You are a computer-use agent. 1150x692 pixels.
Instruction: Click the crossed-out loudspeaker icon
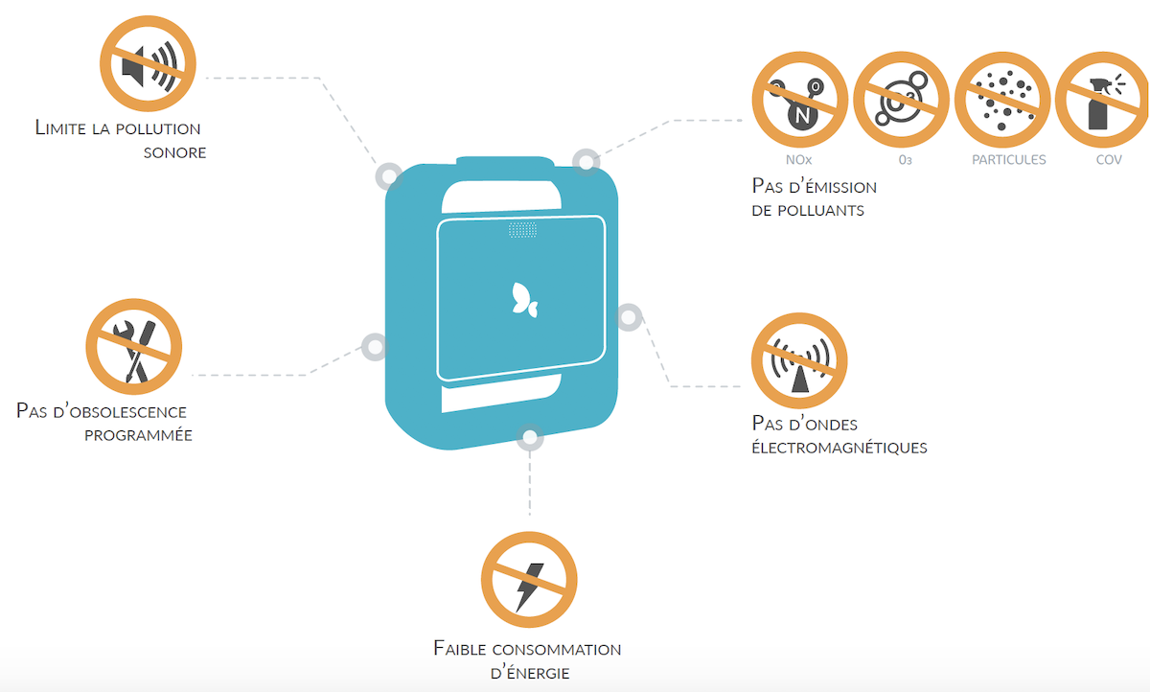pyautogui.click(x=148, y=63)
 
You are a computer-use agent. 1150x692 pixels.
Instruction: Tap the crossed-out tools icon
pyautogui.click(x=134, y=347)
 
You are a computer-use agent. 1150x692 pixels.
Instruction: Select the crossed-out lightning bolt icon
pyautogui.click(x=529, y=580)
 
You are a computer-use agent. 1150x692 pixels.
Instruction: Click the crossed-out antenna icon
pyautogui.click(x=799, y=361)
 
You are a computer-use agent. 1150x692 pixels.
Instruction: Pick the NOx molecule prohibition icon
pyautogui.click(x=800, y=100)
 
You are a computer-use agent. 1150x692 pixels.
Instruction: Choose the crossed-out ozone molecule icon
pyautogui.click(x=901, y=100)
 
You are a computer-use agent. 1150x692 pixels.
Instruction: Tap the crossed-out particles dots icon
pyautogui.click(x=1002, y=100)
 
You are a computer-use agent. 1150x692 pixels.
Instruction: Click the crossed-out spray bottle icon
pyautogui.click(x=1103, y=100)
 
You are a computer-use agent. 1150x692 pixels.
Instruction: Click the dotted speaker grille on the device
pyautogui.click(x=522, y=230)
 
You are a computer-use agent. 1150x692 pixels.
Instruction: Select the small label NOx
pyautogui.click(x=799, y=160)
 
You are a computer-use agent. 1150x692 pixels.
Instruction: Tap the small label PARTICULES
pyautogui.click(x=1009, y=160)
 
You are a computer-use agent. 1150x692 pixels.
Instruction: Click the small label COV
pyautogui.click(x=1109, y=160)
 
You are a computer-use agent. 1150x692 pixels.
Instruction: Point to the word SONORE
pyautogui.click(x=175, y=153)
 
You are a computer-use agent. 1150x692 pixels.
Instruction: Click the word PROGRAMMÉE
pyautogui.click(x=138, y=435)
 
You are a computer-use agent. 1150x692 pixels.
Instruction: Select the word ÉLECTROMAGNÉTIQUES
pyautogui.click(x=839, y=447)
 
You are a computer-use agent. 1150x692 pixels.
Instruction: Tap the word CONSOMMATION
pyautogui.click(x=557, y=650)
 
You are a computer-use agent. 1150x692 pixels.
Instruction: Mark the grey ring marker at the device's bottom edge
pyautogui.click(x=530, y=438)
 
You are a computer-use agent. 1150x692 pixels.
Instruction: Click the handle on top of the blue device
pyautogui.click(x=505, y=161)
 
